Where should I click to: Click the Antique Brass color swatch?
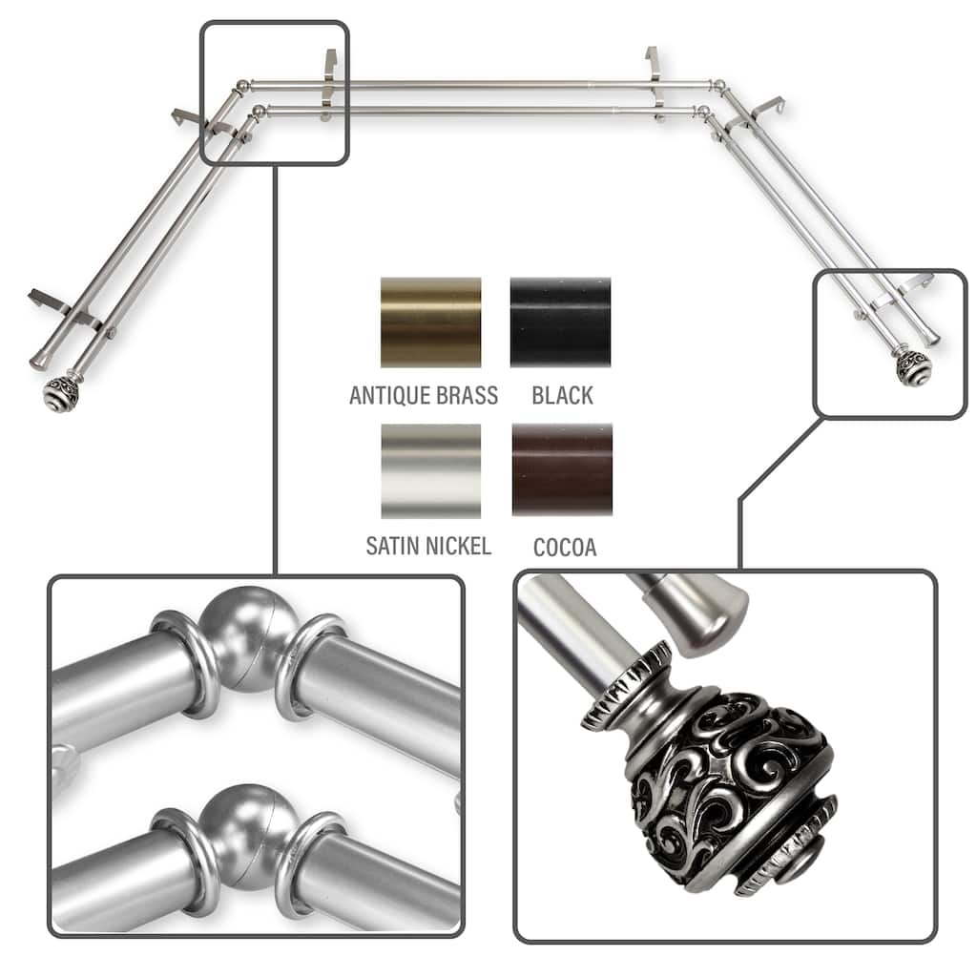click(x=430, y=322)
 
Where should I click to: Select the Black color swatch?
click(x=560, y=322)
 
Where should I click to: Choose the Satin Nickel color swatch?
click(x=430, y=471)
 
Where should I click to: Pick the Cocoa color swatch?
click(x=562, y=470)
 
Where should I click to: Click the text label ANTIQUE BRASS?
click(x=424, y=396)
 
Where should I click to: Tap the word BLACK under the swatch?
click(x=563, y=396)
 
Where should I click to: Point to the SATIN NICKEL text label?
click(x=428, y=546)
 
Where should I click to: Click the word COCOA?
click(x=565, y=547)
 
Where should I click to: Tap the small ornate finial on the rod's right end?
click(x=913, y=367)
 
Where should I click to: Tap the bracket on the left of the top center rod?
click(x=329, y=85)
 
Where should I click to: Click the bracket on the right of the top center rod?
click(x=655, y=83)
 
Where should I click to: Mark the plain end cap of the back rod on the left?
click(x=40, y=359)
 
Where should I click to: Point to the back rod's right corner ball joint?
click(x=718, y=85)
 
